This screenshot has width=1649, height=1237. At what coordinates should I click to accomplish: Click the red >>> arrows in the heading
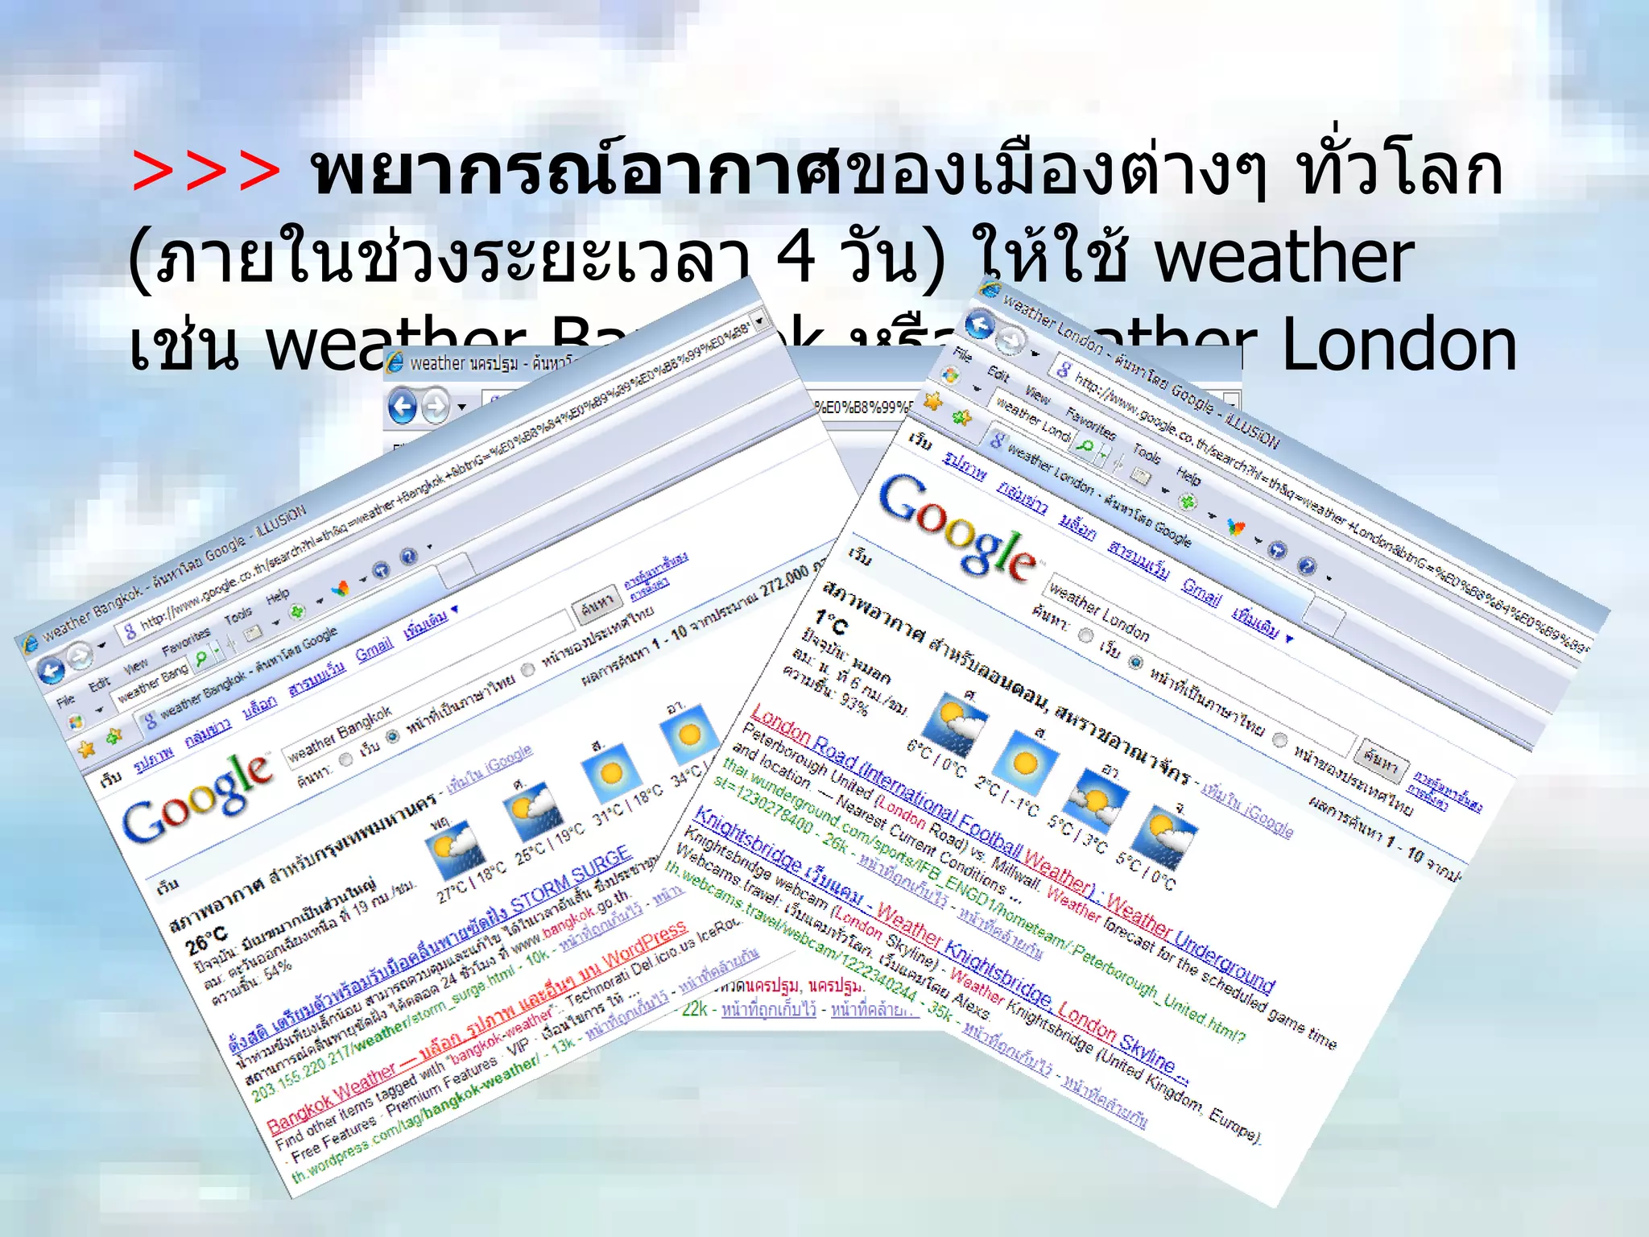click(205, 171)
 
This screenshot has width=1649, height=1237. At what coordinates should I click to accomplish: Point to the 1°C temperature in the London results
click(830, 621)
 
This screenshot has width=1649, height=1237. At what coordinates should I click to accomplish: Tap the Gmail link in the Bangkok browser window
click(374, 647)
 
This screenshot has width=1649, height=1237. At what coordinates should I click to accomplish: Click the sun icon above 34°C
click(688, 734)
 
